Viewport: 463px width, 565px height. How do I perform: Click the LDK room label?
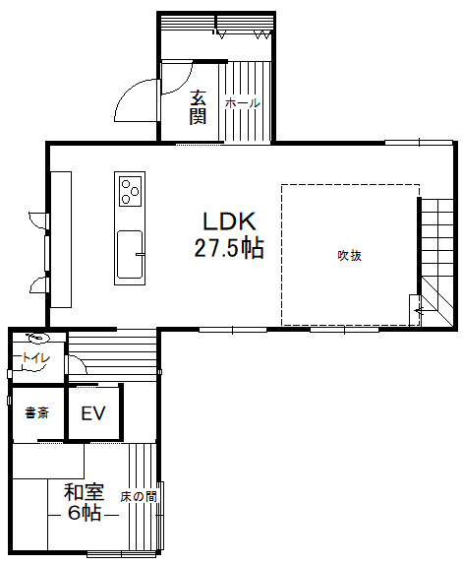coord(229,221)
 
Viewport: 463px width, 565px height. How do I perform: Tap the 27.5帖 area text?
coord(229,247)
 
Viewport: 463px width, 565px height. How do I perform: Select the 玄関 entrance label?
coord(199,107)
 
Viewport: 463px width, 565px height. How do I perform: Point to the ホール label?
coord(243,103)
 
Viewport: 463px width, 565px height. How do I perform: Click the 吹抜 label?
coord(349,256)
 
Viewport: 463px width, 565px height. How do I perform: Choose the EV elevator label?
coord(93,413)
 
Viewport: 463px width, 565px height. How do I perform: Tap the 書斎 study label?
coord(37,412)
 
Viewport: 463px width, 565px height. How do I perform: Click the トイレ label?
coord(36,358)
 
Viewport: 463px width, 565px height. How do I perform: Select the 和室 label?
coord(85,492)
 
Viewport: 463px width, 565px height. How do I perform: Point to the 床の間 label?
coord(139,497)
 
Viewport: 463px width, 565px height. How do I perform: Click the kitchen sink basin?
coord(130,254)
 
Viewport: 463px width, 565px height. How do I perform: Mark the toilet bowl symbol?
coord(37,338)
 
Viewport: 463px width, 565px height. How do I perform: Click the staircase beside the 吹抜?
coord(437,262)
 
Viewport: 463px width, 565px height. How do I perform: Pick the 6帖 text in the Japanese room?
coord(85,513)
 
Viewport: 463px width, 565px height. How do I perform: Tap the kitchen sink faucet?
coord(140,254)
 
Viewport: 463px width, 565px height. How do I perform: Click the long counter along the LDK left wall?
coord(61,239)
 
